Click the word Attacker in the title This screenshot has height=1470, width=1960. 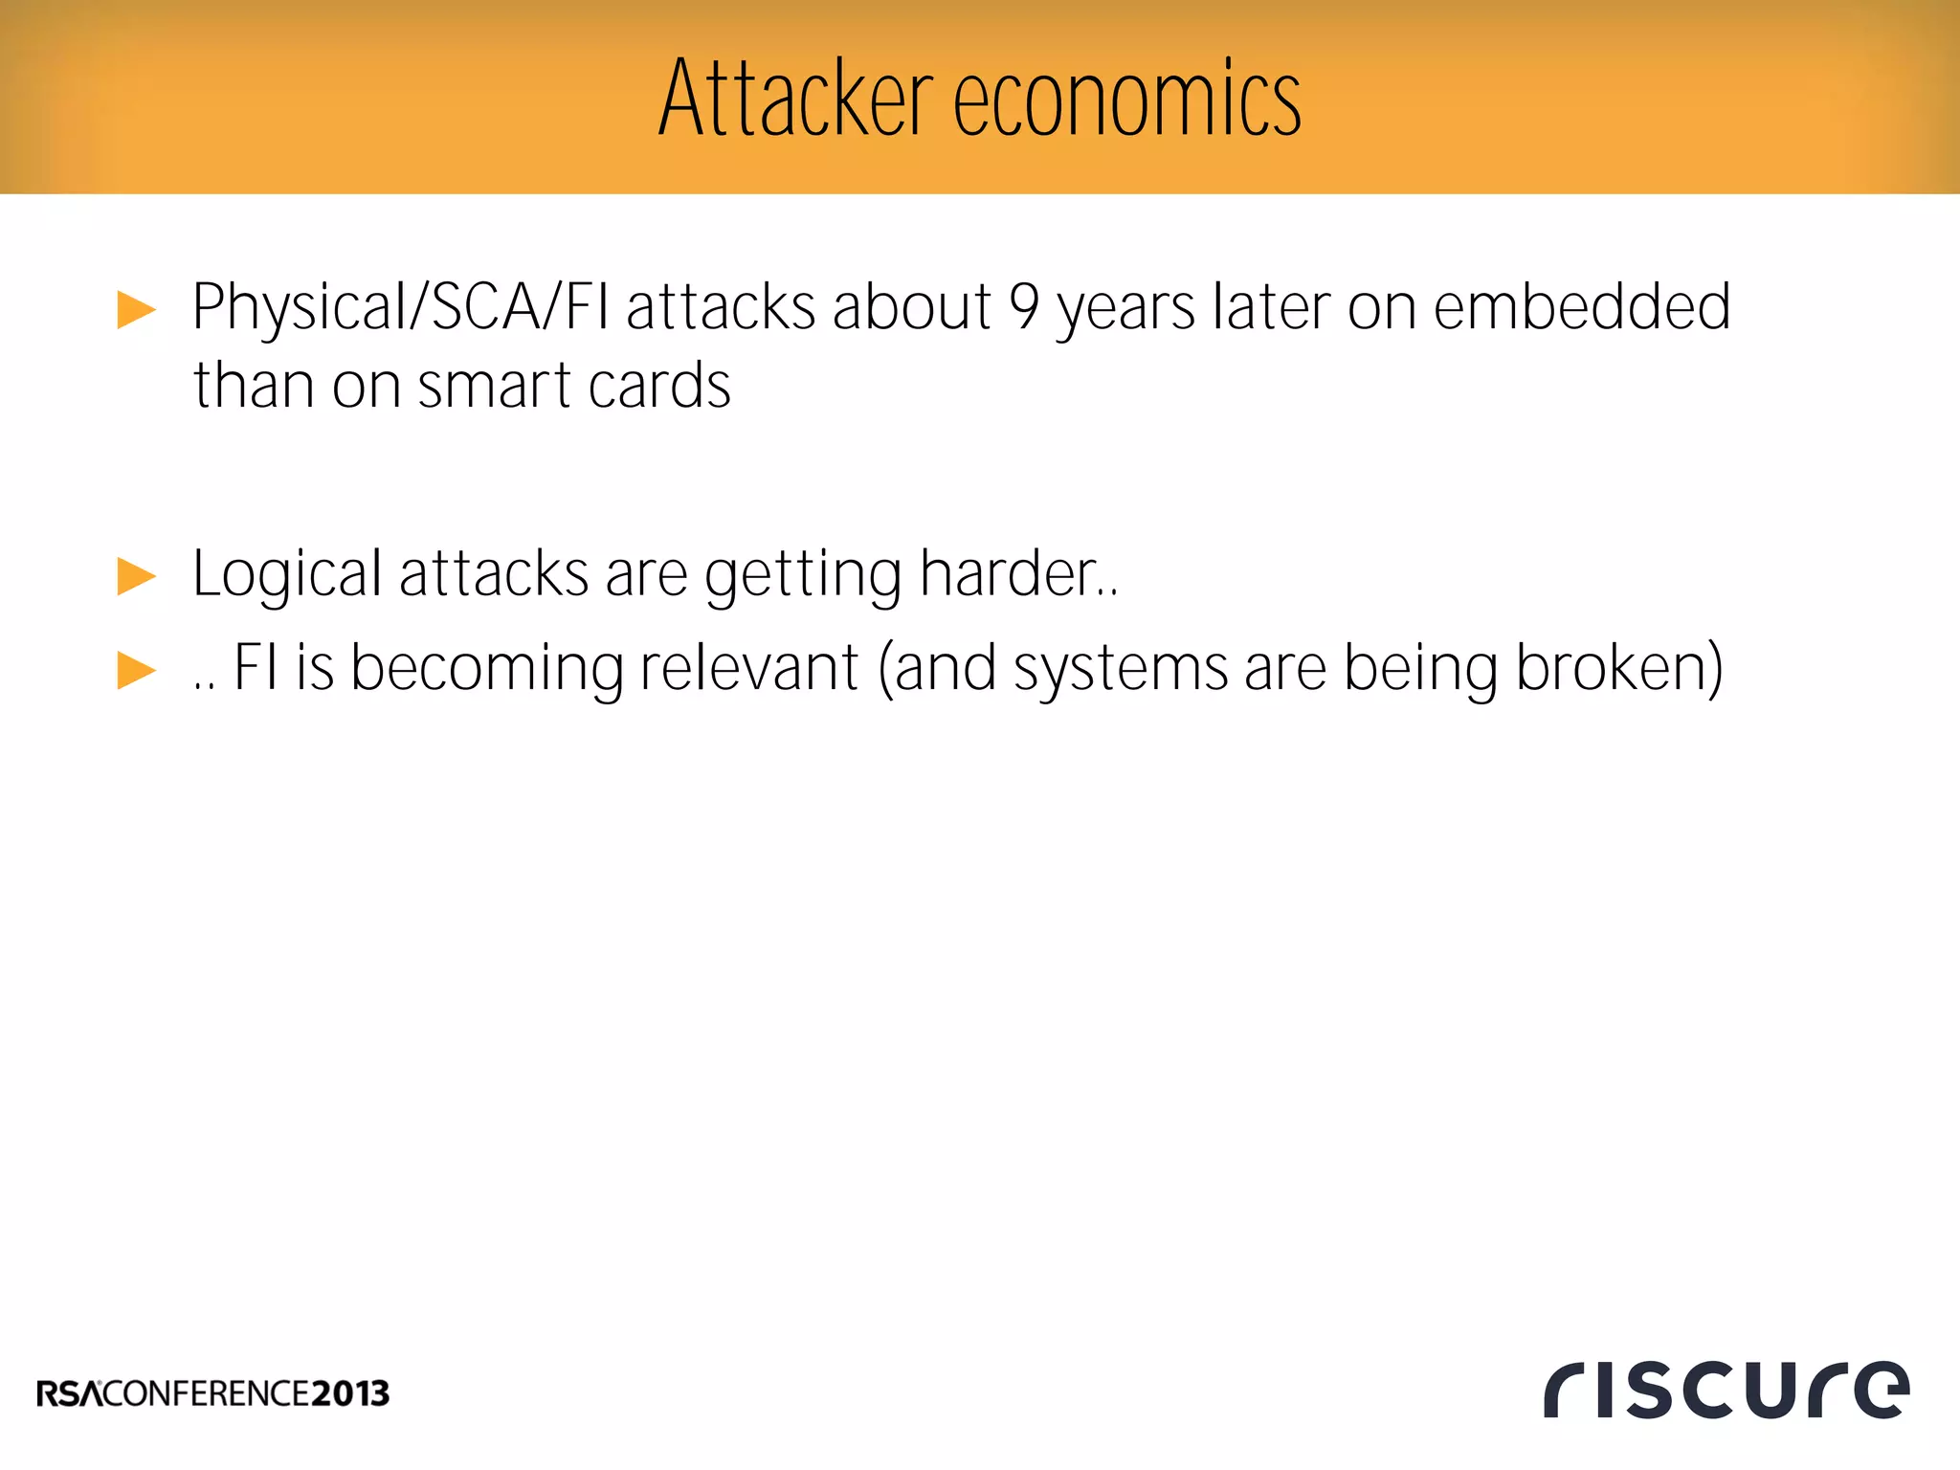(795, 99)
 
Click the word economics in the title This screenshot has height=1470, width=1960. (1126, 100)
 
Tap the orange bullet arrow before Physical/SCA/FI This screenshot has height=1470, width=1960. (136, 310)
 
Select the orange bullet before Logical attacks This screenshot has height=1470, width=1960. (136, 576)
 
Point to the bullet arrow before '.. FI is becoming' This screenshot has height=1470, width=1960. (136, 670)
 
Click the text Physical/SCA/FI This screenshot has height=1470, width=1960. (400, 308)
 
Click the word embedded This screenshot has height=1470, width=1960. (1581, 308)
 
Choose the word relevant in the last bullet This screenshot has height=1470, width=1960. (748, 668)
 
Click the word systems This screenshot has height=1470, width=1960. (1120, 670)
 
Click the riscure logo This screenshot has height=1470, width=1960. (1726, 1390)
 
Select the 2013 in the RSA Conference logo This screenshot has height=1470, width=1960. (350, 1393)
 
